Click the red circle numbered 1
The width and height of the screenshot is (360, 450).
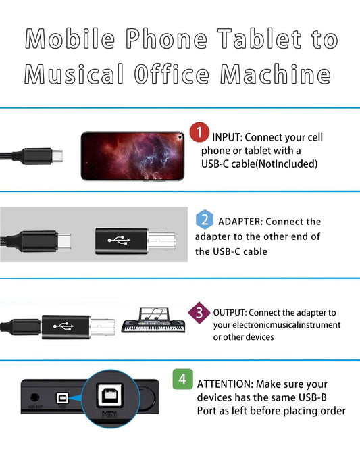click(199, 132)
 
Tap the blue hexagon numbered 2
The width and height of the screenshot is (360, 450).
click(205, 220)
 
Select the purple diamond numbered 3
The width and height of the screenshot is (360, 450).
click(199, 313)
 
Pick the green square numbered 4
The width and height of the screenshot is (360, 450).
click(183, 379)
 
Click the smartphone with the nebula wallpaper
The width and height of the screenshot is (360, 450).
click(132, 156)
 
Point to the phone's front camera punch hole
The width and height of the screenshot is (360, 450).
click(180, 137)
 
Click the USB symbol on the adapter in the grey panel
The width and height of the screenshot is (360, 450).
click(119, 241)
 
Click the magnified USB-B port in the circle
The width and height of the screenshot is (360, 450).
click(111, 395)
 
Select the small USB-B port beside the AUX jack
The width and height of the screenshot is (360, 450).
click(62, 399)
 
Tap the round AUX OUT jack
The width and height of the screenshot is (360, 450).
click(34, 397)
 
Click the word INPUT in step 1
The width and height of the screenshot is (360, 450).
click(227, 137)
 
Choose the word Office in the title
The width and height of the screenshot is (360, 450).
click(172, 74)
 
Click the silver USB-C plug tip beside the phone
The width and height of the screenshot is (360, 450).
click(57, 156)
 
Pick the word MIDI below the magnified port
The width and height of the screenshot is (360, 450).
click(109, 414)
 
